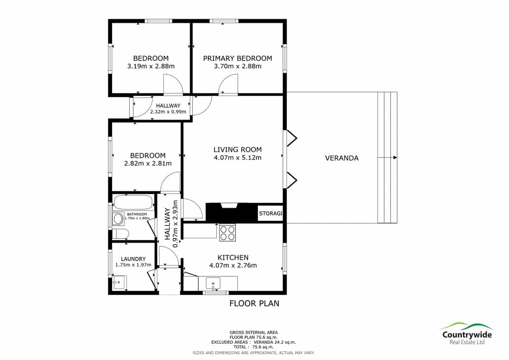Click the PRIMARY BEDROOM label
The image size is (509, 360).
tap(238, 59)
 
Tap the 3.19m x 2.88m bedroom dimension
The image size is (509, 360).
tap(151, 66)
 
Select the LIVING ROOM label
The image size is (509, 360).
tap(238, 149)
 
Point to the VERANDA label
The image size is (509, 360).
tap(342, 158)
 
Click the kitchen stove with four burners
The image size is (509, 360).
tap(227, 233)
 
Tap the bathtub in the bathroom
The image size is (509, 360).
tap(133, 202)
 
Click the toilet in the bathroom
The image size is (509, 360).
tap(120, 233)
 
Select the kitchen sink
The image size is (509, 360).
tap(213, 283)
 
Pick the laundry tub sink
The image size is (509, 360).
tap(119, 282)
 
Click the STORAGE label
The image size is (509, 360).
tap(271, 213)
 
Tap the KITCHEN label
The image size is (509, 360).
tap(233, 257)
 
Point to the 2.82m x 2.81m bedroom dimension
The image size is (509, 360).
tap(148, 163)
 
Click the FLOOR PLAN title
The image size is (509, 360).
tap(254, 304)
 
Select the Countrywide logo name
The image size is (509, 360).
tap(467, 335)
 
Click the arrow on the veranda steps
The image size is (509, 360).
tap(387, 157)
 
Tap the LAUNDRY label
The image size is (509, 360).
tap(133, 259)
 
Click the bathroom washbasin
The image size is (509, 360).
tap(118, 219)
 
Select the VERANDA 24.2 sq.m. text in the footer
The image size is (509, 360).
tap(275, 342)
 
